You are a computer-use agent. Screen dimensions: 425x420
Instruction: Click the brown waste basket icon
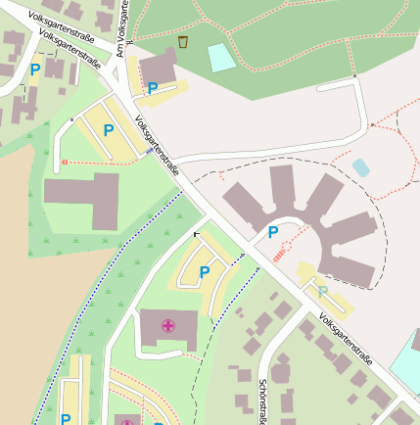point(183,42)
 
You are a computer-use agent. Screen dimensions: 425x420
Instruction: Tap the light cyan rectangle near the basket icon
point(222,58)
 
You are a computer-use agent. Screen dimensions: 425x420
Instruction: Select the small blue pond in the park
point(361,167)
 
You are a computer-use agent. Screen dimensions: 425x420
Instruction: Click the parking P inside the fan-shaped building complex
point(273,232)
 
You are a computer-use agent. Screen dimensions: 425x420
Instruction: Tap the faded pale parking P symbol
point(323,291)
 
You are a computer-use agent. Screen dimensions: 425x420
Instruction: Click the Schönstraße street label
point(262,401)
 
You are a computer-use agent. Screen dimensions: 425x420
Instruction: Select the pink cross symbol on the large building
point(168,324)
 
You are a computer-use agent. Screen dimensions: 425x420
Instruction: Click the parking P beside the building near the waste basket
point(153,88)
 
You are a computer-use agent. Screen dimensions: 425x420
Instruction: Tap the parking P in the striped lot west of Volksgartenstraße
point(109,129)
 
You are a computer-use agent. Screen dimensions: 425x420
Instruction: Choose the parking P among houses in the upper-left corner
point(35,70)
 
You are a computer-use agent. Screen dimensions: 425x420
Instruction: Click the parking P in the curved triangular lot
point(205,271)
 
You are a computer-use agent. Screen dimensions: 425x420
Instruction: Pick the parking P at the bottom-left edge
point(66,419)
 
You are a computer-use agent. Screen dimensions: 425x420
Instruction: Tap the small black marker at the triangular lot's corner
point(196,234)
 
